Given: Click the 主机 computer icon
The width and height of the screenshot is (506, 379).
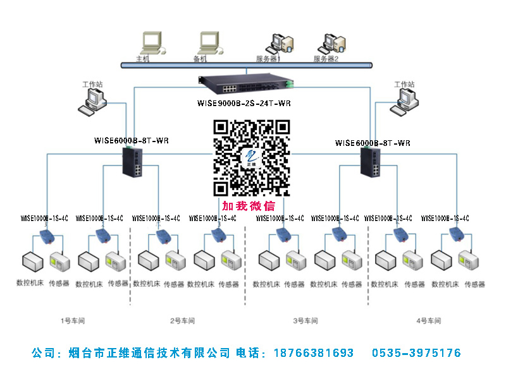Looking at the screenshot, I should coord(151,42).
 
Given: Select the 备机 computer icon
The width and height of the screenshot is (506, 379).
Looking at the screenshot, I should coord(209,42).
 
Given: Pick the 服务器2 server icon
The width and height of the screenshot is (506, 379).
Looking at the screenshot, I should coord(334,42).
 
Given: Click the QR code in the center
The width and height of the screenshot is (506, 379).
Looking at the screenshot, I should coord(251,157).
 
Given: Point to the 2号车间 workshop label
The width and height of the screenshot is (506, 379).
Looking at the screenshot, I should coord(182,321).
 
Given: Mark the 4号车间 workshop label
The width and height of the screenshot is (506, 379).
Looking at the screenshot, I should coord(428,321).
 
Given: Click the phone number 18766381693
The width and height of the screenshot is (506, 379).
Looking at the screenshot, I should coord(314,353).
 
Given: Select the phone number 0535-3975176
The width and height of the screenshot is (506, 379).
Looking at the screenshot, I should coord(416,353).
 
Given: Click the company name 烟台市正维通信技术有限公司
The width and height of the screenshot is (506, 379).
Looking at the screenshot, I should coord(149,353).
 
